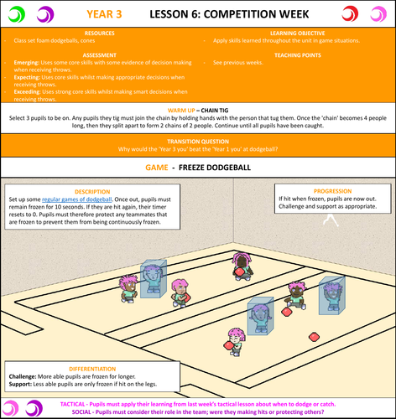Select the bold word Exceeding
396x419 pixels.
[x=32, y=91]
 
